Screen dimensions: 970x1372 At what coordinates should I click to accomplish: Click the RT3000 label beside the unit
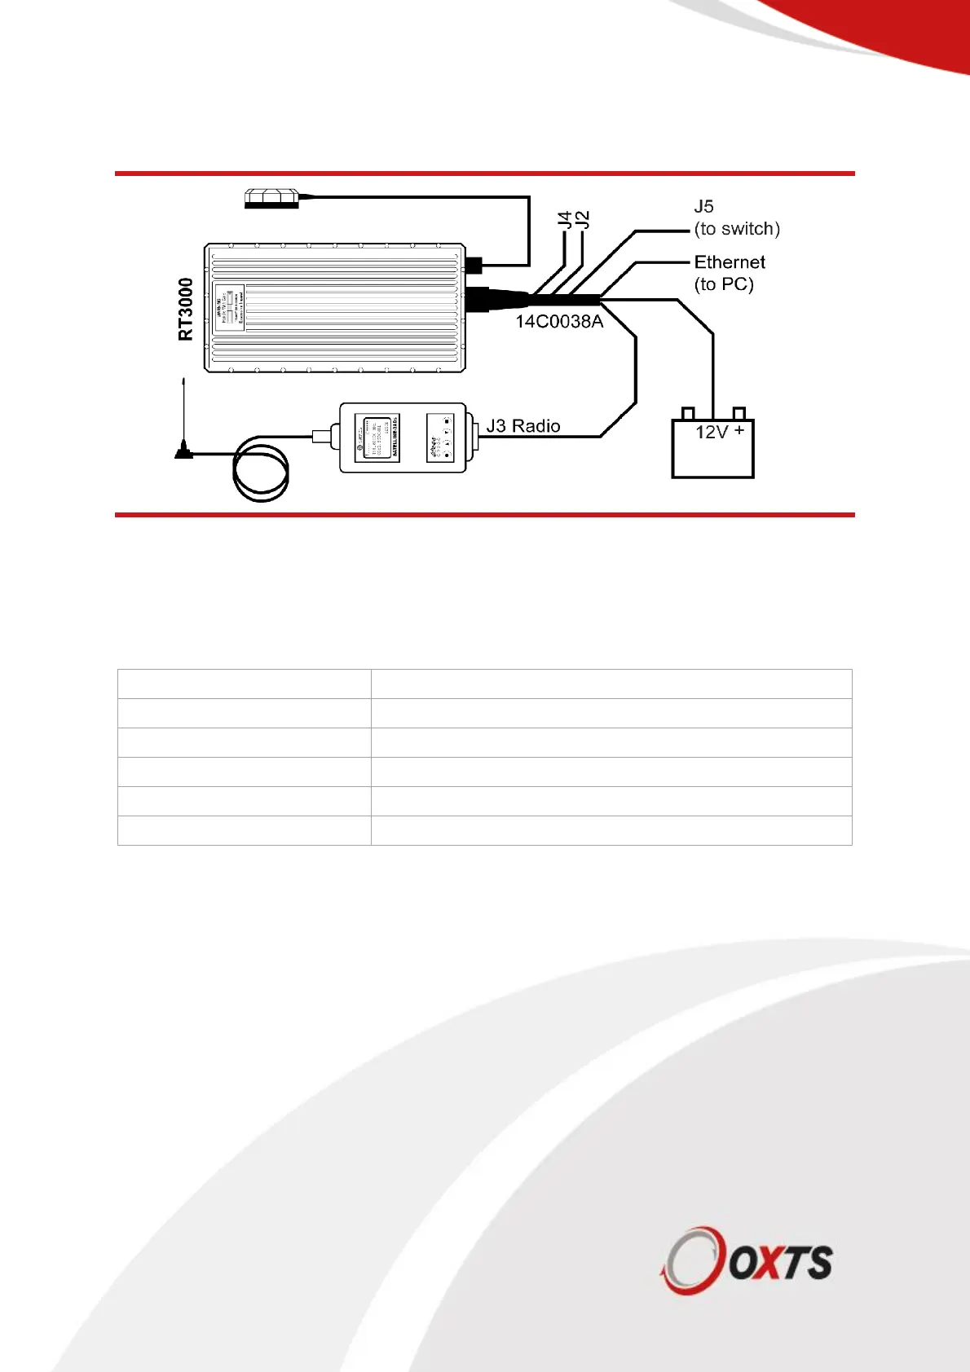coord(186,310)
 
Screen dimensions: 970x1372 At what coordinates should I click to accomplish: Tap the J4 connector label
coord(564,219)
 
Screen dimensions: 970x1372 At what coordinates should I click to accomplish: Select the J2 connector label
coord(582,219)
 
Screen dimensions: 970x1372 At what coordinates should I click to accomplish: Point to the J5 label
coord(704,207)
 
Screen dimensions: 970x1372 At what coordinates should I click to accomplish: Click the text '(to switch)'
coord(737,229)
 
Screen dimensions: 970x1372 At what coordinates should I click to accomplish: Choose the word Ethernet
coord(730,262)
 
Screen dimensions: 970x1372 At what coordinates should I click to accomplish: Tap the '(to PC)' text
coord(724,284)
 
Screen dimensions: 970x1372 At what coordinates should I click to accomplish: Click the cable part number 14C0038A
coord(559,322)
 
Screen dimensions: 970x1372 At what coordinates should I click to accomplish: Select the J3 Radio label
coord(523,426)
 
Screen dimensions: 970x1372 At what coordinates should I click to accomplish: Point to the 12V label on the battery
coord(711,433)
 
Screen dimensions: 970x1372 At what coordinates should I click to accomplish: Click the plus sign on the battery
coord(739,430)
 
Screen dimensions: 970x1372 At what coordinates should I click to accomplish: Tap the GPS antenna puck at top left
coord(272,198)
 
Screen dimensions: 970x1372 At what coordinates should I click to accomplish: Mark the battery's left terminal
coord(687,413)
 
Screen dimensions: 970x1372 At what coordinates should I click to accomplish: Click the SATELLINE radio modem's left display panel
coord(377,438)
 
